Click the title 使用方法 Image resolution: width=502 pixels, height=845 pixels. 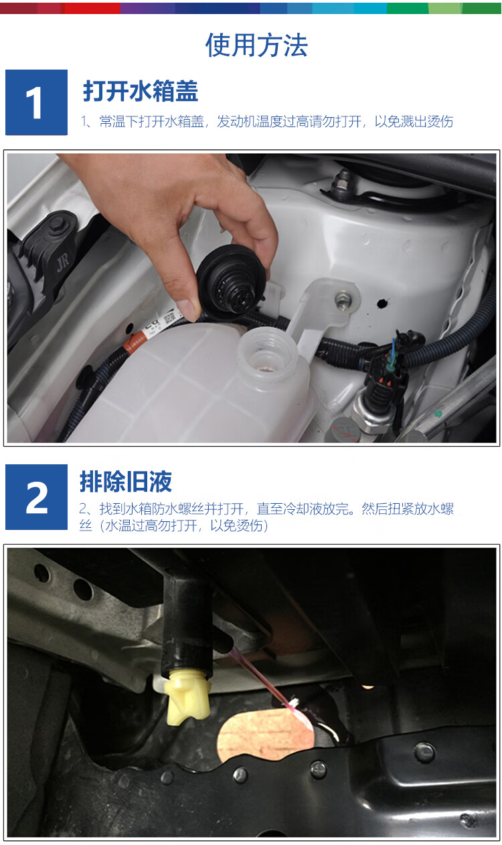(256, 45)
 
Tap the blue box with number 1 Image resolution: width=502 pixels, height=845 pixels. (37, 102)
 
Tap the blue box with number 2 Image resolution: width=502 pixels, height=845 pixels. (37, 497)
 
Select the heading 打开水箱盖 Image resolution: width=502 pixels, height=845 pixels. (141, 91)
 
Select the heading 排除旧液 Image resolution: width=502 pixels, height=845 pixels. (126, 481)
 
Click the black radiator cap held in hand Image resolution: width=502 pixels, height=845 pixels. (231, 282)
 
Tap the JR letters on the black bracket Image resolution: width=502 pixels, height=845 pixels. (63, 262)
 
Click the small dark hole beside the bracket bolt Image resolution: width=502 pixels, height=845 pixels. (383, 302)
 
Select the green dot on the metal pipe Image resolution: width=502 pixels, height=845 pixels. (438, 414)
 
